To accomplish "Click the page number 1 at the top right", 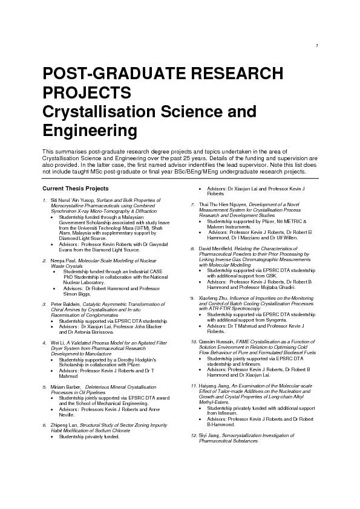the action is point(318,48).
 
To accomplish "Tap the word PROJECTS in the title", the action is point(86,93).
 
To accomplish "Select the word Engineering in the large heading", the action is point(90,131).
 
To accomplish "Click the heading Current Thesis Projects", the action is point(76,188).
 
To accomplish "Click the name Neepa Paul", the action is point(63,260).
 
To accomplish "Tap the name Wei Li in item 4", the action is point(58,343).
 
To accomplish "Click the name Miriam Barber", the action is point(65,386).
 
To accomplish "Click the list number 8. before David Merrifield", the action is point(192,249).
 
